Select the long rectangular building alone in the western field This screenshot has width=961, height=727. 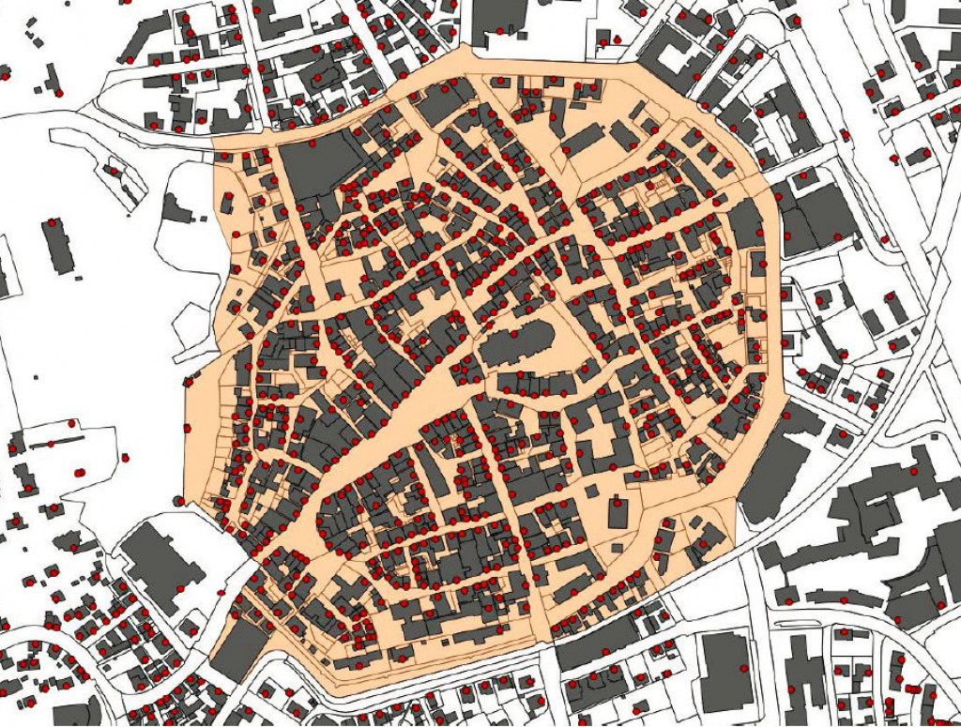58,246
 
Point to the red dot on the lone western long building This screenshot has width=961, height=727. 47,223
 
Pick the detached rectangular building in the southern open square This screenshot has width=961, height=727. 618,514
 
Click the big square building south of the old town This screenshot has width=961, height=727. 727,670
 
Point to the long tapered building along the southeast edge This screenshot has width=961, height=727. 773,474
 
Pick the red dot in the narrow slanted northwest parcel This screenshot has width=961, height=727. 114,171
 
